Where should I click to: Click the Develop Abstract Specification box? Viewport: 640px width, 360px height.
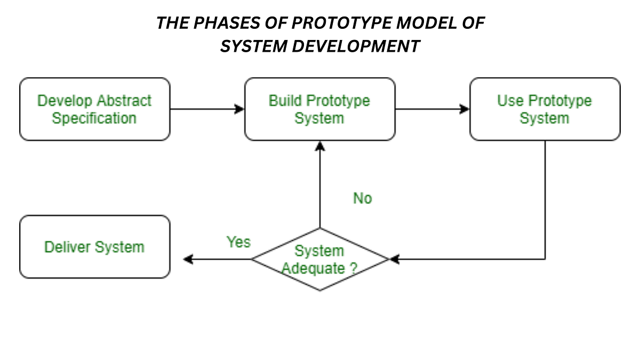pos(94,109)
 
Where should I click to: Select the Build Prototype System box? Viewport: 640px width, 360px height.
pos(319,109)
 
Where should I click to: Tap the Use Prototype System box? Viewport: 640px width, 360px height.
pos(545,109)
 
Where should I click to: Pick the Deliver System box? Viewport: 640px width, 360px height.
pos(94,247)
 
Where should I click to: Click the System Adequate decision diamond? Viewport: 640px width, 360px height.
pos(320,260)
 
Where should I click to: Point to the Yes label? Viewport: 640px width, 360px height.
pos(238,242)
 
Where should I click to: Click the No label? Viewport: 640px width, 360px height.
pos(362,198)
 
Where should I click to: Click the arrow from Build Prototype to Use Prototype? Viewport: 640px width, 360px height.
pos(432,109)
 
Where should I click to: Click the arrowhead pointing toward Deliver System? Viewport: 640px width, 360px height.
pos(188,260)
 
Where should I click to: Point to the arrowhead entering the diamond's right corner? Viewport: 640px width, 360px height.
pos(394,260)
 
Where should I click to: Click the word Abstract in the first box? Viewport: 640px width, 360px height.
pos(124,100)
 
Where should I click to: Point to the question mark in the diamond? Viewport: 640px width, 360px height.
pos(354,268)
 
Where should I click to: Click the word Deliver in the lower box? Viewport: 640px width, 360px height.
pos(68,247)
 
